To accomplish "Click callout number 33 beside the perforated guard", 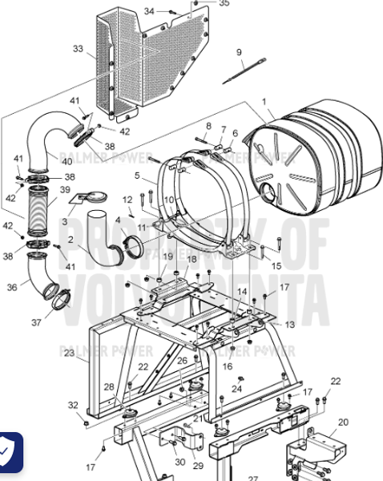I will point(78,49).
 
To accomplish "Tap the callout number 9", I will point(239,53).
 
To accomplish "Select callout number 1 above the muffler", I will point(263,102).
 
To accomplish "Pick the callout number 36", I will point(11,286).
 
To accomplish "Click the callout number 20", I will point(343,422).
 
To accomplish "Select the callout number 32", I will point(73,405).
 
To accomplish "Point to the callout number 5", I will point(137,175).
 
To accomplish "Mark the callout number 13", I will point(290,324).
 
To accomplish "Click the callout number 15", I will point(276,265).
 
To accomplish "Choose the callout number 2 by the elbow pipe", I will point(71,239).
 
